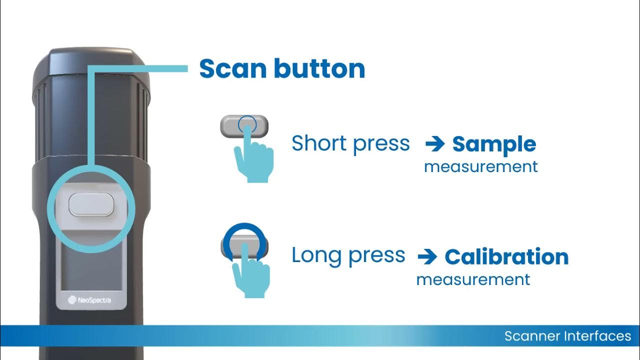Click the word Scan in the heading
point(233,68)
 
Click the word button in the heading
point(319,68)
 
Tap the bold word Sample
point(494,145)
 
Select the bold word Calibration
point(506,256)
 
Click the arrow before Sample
point(435,144)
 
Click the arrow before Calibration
point(427,256)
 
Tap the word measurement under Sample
point(481,167)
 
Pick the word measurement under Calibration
point(473,279)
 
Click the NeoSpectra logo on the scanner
point(89,300)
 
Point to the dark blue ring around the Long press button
point(244,226)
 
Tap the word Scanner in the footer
point(532,336)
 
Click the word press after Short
point(381,144)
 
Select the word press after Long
point(376,256)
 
